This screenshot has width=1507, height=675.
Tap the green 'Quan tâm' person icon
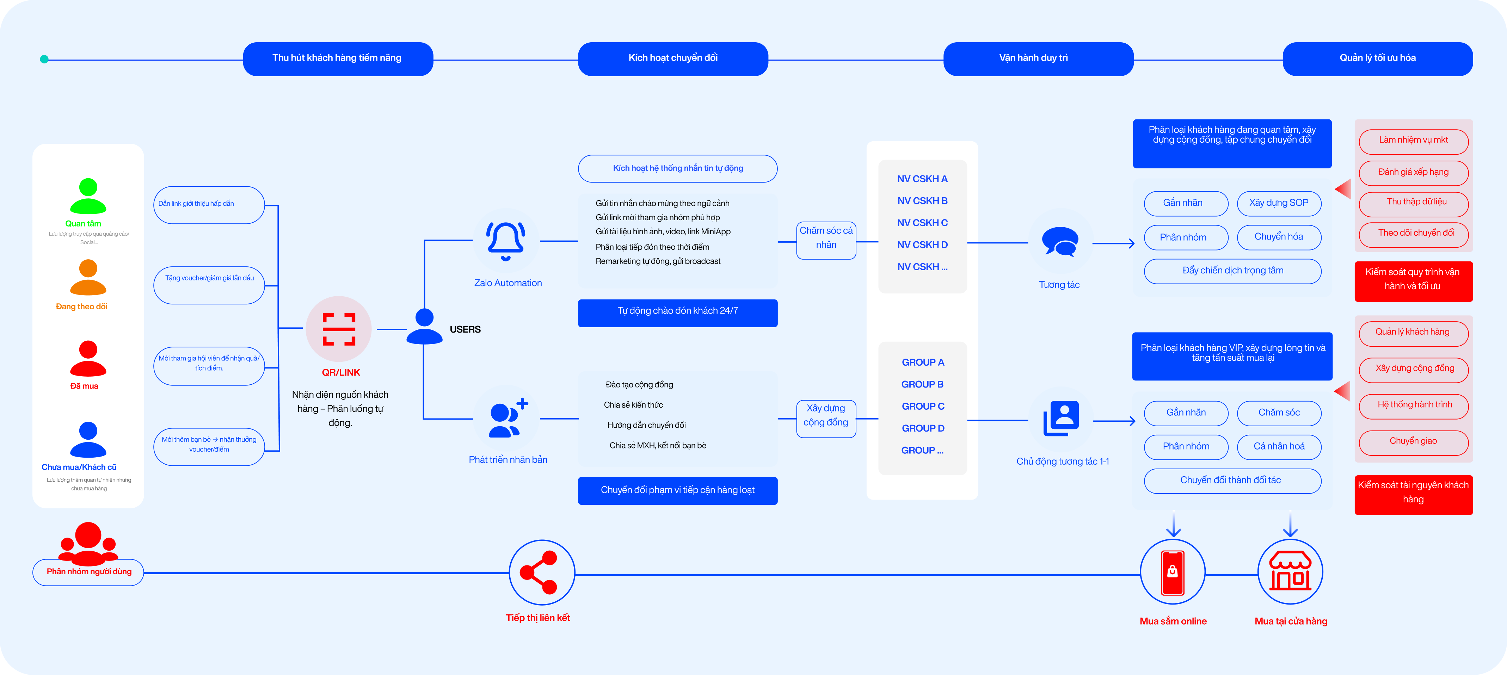88,196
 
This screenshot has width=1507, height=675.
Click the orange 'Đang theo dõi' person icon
88,277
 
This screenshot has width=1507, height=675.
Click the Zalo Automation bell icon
506,240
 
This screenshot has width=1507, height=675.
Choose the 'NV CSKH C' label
923,223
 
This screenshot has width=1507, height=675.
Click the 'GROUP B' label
923,384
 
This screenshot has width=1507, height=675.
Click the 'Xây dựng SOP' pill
1279,203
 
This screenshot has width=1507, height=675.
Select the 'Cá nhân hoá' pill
1279,447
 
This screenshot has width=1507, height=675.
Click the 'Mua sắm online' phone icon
1173,572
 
